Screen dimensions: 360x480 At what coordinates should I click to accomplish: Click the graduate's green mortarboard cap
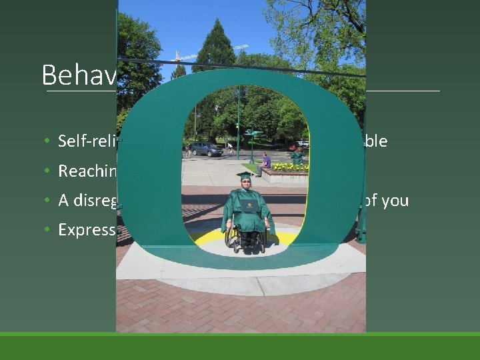click(245, 176)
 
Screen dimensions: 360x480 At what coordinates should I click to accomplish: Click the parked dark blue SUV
click(206, 149)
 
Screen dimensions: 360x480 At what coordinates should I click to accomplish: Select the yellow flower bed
click(288, 166)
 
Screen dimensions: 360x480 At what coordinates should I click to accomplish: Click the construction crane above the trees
click(207, 53)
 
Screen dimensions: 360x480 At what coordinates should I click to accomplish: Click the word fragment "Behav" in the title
click(79, 75)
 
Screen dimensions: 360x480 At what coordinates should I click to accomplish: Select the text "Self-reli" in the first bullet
click(87, 141)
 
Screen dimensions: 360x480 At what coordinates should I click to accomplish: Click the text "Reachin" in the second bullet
click(87, 171)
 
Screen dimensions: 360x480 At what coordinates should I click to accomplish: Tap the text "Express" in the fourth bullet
click(87, 229)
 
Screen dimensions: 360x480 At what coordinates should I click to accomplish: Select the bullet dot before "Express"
click(48, 230)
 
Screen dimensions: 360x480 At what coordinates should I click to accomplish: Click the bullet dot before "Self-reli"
click(48, 142)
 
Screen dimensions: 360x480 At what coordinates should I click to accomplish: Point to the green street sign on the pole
click(251, 133)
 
